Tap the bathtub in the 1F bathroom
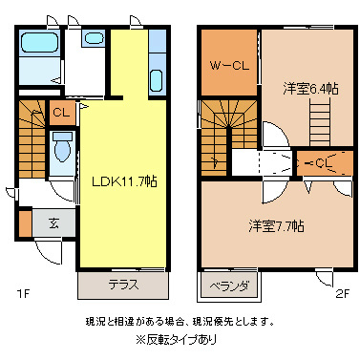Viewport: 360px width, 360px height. [39, 45]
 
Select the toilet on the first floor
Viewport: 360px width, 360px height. [63, 149]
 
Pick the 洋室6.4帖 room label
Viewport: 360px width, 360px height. [307, 88]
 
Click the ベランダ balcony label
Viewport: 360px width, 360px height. [230, 285]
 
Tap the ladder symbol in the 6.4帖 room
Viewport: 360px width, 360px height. [318, 121]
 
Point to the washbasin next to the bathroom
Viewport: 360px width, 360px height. [93, 39]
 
